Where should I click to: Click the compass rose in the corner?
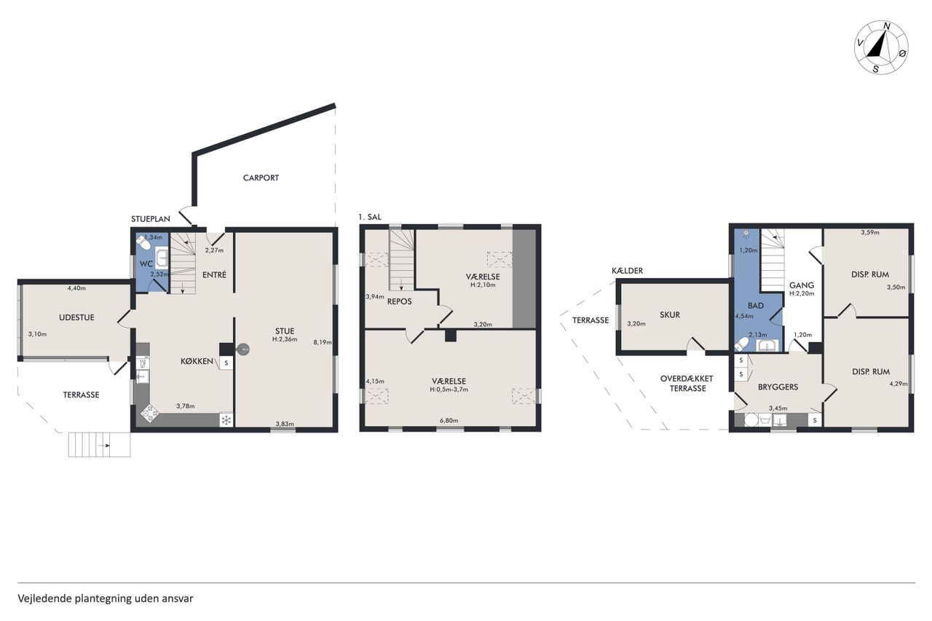point(881,55)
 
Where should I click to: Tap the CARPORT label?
point(261,178)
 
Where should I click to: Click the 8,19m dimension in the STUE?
point(323,343)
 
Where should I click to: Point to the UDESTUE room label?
point(76,317)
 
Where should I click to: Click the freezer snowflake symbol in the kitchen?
point(226,420)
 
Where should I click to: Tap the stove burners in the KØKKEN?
point(149,413)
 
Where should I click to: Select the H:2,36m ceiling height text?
point(285,339)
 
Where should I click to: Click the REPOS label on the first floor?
point(400,301)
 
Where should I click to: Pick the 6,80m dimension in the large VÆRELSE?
point(449,421)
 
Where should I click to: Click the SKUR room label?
point(670,315)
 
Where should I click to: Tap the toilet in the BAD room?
point(742,344)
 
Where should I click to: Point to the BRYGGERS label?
point(778,387)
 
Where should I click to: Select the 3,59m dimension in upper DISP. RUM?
point(870,232)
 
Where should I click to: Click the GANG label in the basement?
point(802,285)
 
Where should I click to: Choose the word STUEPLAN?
point(151,219)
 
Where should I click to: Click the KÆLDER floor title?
point(628,271)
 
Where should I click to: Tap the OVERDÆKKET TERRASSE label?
point(687,384)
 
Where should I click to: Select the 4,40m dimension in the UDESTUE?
point(76,288)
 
